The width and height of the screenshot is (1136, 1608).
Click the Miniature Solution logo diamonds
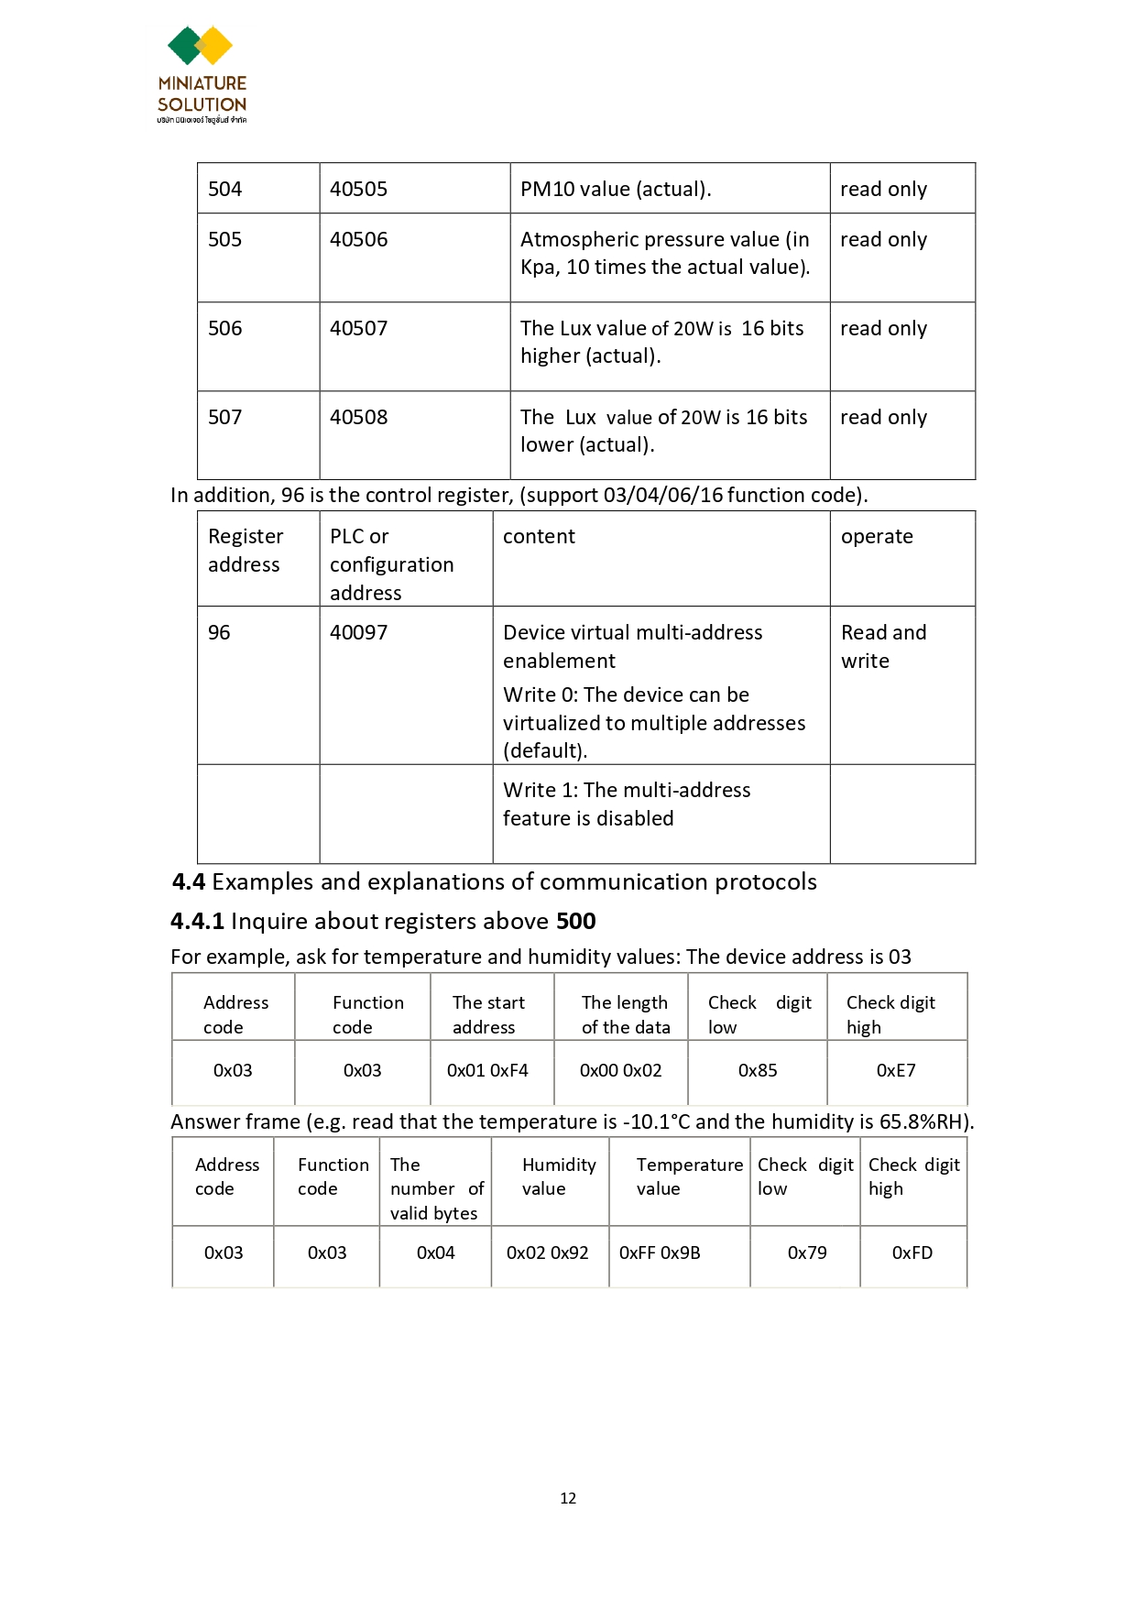[x=200, y=46]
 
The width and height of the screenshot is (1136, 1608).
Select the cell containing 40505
[x=359, y=190]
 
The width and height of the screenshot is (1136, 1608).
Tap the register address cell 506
[x=225, y=329]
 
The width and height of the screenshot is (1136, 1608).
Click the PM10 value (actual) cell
[x=616, y=190]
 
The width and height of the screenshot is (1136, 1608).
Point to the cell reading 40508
[x=359, y=418]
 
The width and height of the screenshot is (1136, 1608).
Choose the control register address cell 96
[x=219, y=633]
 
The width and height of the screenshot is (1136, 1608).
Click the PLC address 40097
[x=359, y=633]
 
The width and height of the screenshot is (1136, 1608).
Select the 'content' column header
[x=539, y=537]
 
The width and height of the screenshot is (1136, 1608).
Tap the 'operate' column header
[x=877, y=537]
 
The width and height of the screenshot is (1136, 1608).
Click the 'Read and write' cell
[x=883, y=647]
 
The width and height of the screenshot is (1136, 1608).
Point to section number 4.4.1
[x=197, y=922]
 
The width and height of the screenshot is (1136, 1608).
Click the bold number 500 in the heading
[x=576, y=922]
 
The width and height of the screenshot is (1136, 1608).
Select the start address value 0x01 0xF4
[x=487, y=1071]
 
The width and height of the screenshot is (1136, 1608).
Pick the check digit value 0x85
[x=758, y=1071]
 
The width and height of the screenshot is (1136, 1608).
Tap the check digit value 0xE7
[x=896, y=1071]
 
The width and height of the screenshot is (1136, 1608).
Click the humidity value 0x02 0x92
[x=548, y=1253]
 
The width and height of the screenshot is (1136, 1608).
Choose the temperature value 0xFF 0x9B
[x=660, y=1253]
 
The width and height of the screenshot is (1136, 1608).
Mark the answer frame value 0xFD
[x=912, y=1253]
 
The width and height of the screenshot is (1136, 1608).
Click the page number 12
[x=568, y=1498]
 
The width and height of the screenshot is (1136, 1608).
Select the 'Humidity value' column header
[x=559, y=1177]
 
